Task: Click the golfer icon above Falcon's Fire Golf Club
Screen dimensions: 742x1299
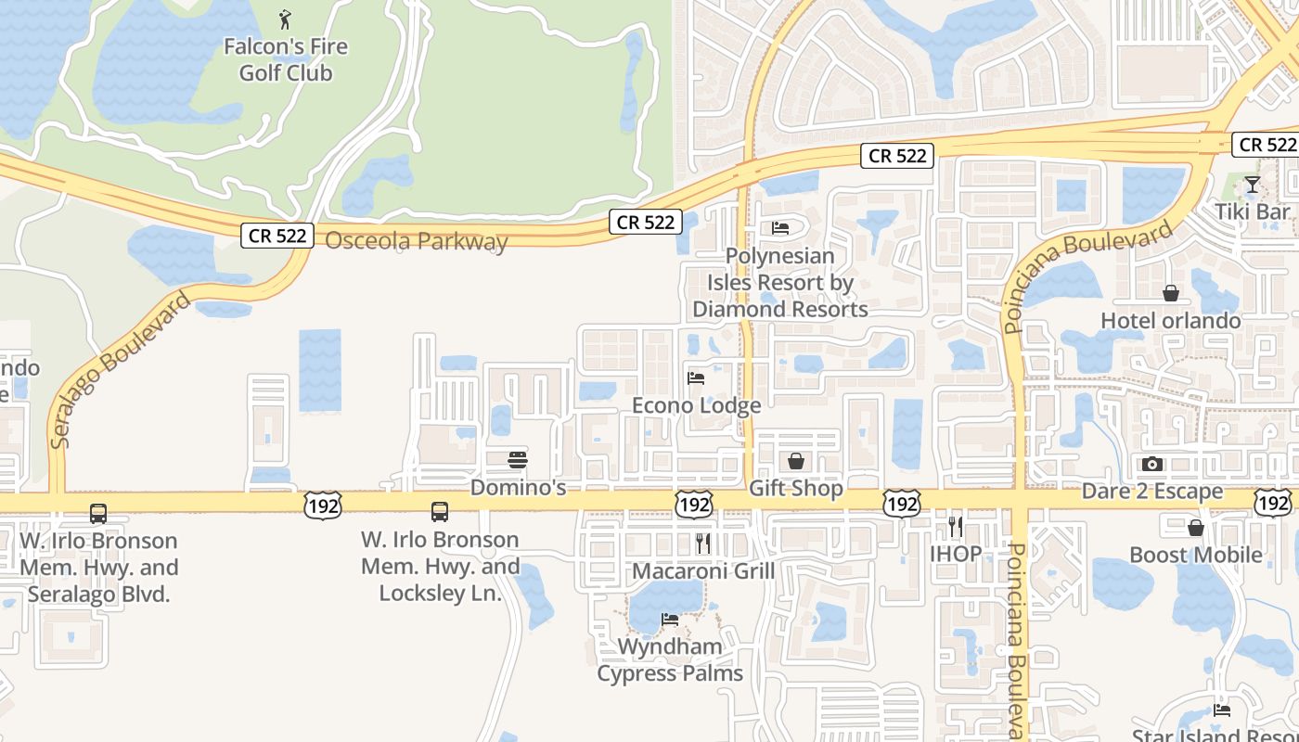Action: coord(286,18)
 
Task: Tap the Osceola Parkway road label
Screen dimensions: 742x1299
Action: coord(417,241)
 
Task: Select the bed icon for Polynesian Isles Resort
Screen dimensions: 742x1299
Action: coord(780,227)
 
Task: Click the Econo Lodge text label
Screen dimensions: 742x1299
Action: coord(696,405)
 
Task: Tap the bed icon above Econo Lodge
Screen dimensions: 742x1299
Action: coord(696,377)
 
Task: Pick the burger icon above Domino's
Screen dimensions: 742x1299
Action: coord(518,459)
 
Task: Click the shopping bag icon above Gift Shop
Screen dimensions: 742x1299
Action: coord(796,461)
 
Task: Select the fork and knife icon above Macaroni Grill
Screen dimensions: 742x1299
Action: coord(703,543)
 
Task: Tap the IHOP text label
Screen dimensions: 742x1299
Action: coord(956,554)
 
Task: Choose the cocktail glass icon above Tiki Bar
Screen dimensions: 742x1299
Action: coord(1253,185)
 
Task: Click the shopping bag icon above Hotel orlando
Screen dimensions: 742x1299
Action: coord(1171,293)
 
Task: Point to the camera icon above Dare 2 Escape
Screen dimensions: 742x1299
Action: coord(1152,464)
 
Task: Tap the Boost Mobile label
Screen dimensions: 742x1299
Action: coord(1196,555)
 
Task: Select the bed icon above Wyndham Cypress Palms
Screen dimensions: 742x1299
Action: coord(670,619)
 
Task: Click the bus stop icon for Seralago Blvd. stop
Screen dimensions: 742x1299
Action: coord(98,513)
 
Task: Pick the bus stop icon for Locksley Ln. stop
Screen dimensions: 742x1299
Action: coord(440,511)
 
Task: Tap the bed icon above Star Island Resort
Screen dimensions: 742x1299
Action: coord(1222,710)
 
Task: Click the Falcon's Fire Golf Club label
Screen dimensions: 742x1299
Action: coord(286,59)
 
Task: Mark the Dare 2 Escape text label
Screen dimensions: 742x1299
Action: coord(1152,492)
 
